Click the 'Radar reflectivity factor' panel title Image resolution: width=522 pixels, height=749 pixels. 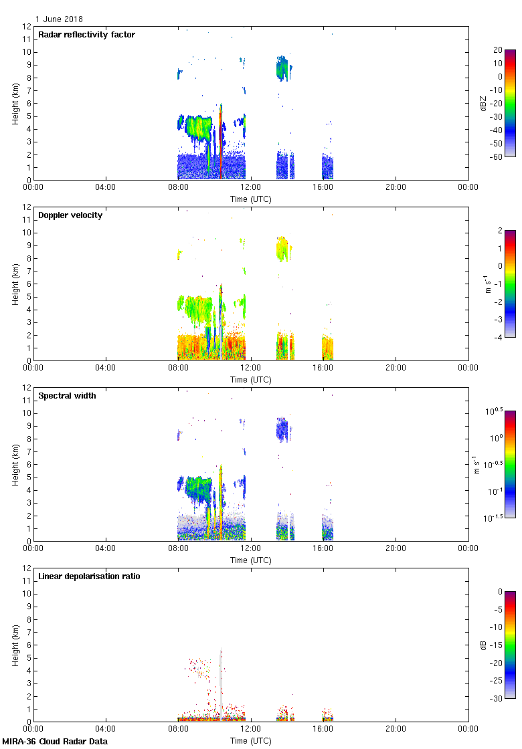pyautogui.click(x=86, y=35)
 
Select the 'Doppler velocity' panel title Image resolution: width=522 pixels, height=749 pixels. pyautogui.click(x=70, y=215)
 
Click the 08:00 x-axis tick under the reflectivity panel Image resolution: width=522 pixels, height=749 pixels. pyautogui.click(x=178, y=188)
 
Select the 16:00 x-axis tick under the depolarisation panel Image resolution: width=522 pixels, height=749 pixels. pyautogui.click(x=323, y=730)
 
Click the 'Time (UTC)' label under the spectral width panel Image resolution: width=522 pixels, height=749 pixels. pyautogui.click(x=250, y=560)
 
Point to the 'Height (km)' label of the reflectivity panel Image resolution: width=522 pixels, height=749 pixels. pyautogui.click(x=15, y=103)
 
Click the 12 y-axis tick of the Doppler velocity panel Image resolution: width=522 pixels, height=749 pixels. pyautogui.click(x=27, y=207)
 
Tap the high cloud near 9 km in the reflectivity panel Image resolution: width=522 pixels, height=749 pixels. pyautogui.click(x=284, y=68)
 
